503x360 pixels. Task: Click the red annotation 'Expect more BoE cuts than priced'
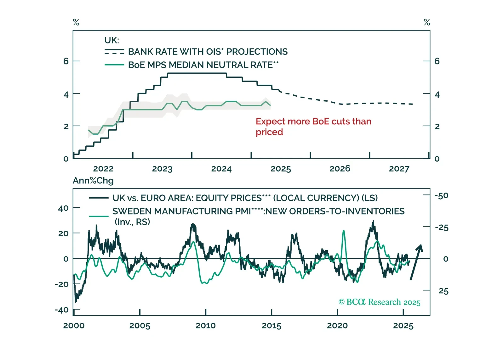coord(313,127)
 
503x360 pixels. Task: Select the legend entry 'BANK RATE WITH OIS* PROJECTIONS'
coord(208,52)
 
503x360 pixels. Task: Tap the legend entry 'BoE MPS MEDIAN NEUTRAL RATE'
coord(203,65)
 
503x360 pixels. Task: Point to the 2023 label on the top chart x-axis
coord(162,169)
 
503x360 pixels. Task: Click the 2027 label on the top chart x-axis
coord(399,169)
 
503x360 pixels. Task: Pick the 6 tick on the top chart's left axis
coord(66,61)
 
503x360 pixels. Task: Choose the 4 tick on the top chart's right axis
coord(437,94)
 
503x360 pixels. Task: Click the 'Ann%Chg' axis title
coord(93,181)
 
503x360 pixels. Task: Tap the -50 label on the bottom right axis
coord(442,196)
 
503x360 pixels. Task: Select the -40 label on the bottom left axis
coord(61,310)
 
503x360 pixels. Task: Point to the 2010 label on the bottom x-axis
coord(205,326)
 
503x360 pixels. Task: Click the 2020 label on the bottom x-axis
coord(337,326)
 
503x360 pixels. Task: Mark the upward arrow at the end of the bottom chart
coord(416,262)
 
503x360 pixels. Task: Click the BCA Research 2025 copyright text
coord(379,302)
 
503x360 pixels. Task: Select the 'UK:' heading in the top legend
coord(111,40)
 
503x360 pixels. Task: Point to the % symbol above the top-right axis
coord(427,22)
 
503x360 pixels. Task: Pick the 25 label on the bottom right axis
coord(443,291)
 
